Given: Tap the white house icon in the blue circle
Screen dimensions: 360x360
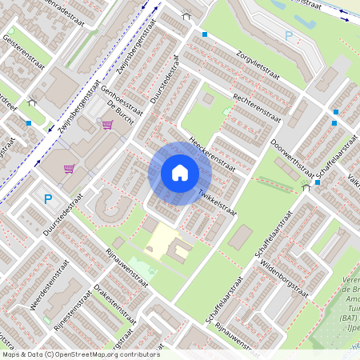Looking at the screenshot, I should pos(180,173).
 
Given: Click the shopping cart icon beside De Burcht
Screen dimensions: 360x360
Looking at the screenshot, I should pos(107,125).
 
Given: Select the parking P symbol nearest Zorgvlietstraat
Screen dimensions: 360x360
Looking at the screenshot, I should pos(289,36).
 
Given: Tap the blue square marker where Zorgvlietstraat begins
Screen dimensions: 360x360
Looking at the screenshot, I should pos(205,34).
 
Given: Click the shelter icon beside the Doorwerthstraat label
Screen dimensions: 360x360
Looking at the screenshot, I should pos(306,186).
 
